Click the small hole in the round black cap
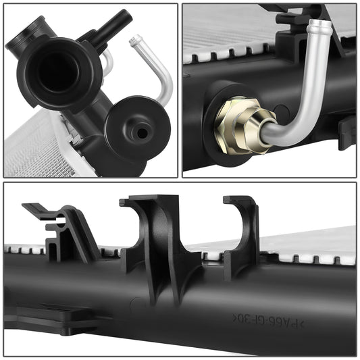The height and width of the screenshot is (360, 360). pyautogui.click(x=141, y=132)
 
